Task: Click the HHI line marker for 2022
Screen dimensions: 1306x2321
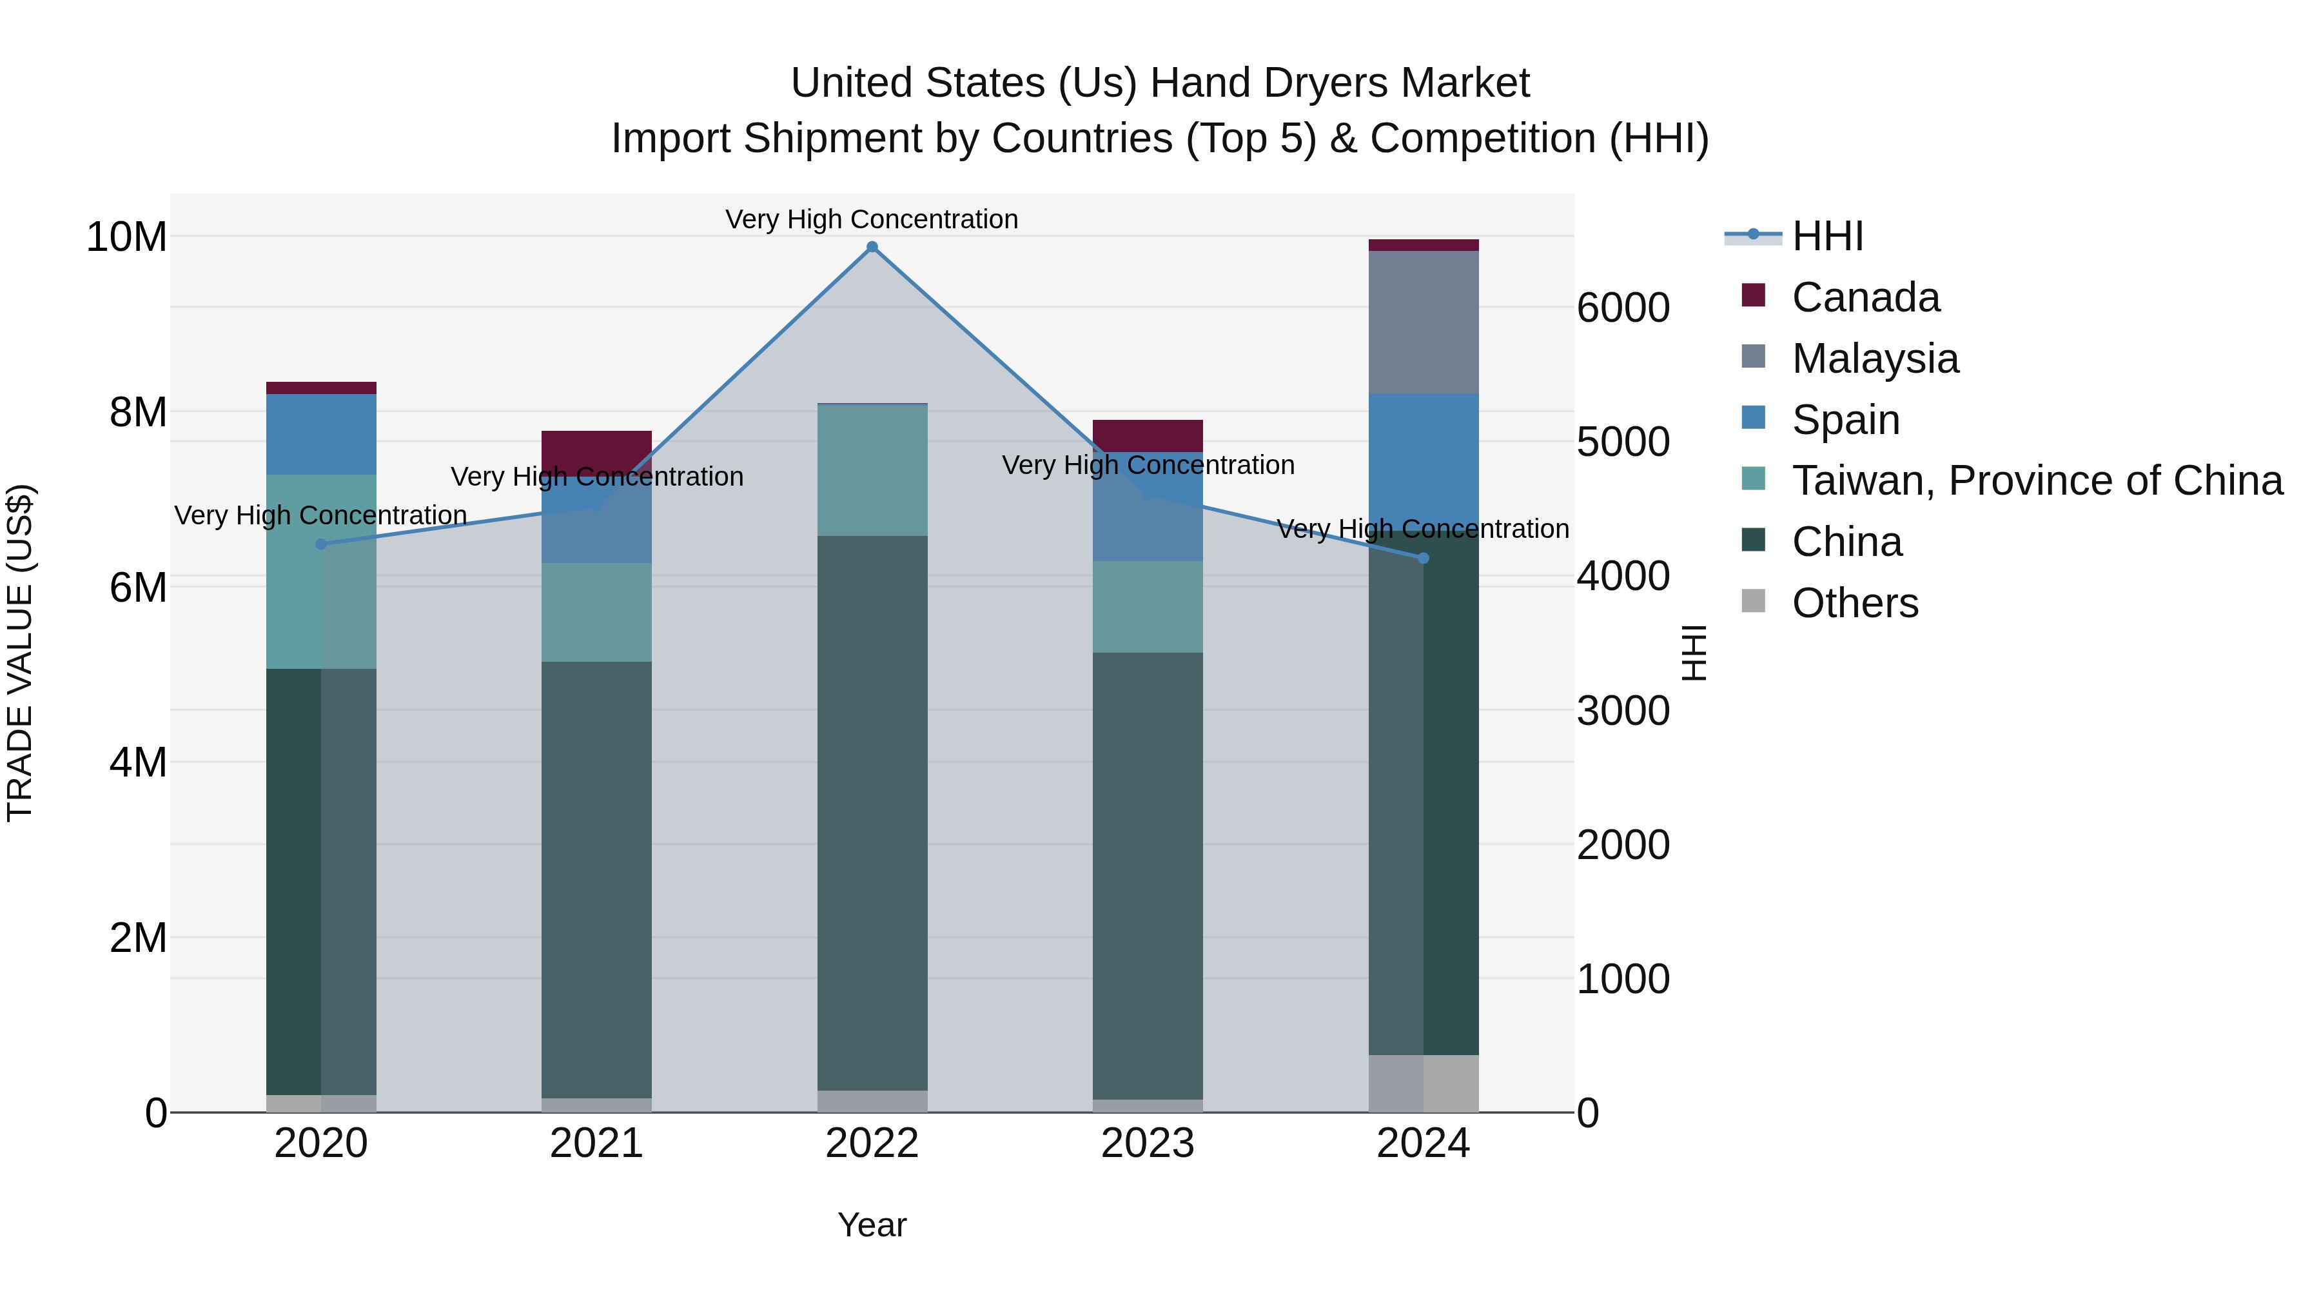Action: pos(871,247)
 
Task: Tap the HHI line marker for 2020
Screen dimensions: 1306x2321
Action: pos(321,544)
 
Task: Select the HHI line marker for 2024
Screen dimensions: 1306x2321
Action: pos(1424,558)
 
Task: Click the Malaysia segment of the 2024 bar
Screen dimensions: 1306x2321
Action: pos(1424,322)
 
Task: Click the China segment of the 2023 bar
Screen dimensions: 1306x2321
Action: pos(1147,875)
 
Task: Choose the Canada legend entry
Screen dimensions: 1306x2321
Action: pos(1865,297)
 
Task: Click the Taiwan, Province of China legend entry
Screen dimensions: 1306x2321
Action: pos(2036,480)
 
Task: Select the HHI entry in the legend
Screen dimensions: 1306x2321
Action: pos(1827,236)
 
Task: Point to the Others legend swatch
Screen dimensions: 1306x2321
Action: pos(1754,601)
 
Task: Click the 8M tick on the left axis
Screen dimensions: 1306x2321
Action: pos(138,412)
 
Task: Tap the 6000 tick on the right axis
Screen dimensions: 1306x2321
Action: pos(1623,308)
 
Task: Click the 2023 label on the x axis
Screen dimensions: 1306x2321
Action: pos(1147,1143)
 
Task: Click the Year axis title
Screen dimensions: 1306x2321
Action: pos(871,1225)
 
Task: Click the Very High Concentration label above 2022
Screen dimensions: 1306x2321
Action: pos(871,219)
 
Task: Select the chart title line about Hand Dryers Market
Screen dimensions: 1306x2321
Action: pos(1160,83)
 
